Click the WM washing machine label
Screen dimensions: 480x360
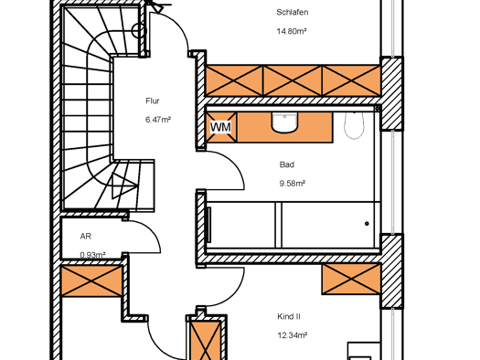(220, 127)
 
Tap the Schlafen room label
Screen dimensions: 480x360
(292, 12)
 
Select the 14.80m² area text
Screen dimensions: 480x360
(292, 31)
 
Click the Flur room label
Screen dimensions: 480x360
(153, 101)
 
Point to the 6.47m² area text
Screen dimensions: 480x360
(158, 120)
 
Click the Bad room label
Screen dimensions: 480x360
(287, 164)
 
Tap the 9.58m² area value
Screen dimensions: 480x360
(292, 184)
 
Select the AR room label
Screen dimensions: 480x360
(86, 236)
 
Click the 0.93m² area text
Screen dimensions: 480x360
(92, 255)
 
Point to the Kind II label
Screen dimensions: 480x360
(289, 316)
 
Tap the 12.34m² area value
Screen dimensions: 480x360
(293, 335)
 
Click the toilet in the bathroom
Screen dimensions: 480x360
(354, 125)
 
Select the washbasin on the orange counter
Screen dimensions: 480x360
(284, 122)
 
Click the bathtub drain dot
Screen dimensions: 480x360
(367, 224)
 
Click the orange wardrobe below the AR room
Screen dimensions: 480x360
(91, 281)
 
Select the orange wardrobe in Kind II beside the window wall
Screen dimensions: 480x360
(351, 280)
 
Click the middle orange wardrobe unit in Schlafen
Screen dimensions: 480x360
(293, 80)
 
